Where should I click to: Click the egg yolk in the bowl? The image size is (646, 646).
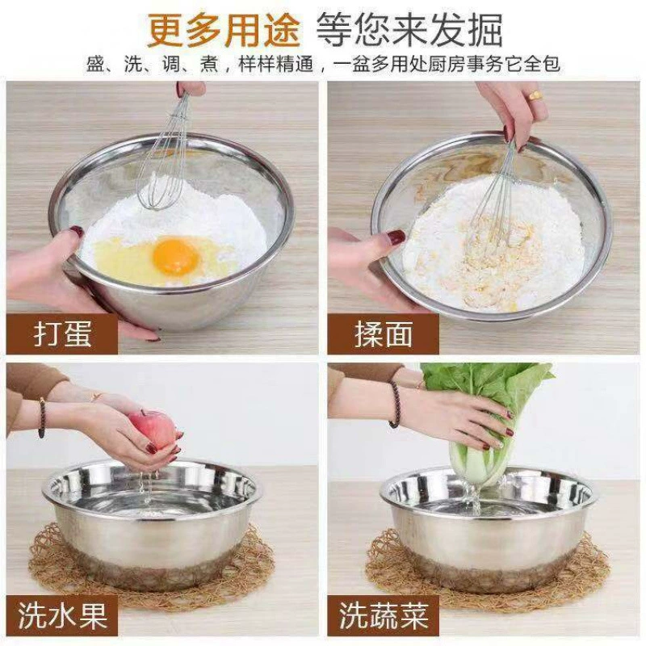[176, 256]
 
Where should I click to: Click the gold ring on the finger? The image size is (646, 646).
[535, 95]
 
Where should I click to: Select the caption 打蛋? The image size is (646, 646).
[63, 333]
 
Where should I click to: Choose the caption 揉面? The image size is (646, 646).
[383, 333]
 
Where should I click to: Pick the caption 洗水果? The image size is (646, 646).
[62, 615]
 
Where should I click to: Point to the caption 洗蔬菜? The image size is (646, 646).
[384, 615]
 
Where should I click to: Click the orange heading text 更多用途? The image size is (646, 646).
[224, 30]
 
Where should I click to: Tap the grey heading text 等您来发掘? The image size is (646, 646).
[410, 30]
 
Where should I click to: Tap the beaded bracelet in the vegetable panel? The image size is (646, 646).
[394, 404]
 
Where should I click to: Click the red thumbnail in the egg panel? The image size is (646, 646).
[75, 231]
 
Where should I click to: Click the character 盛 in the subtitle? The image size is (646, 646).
[95, 65]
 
